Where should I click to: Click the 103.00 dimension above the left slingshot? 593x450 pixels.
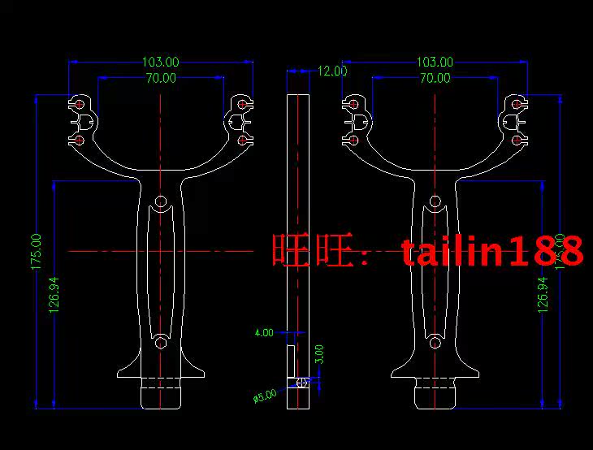click(161, 62)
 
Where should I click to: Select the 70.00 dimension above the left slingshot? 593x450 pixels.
click(161, 78)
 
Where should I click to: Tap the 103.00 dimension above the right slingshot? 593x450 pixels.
click(435, 62)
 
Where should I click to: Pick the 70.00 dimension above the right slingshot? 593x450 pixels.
click(435, 78)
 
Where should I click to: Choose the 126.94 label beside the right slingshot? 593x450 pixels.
click(543, 294)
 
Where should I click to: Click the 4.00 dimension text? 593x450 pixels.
click(264, 333)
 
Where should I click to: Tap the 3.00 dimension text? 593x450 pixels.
click(319, 354)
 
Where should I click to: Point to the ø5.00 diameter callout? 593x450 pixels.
click(265, 395)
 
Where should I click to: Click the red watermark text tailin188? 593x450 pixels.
click(493, 252)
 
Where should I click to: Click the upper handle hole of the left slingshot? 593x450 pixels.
click(161, 200)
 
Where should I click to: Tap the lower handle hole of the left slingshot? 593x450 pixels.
click(161, 342)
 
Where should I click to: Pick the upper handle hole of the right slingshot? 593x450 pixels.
click(435, 200)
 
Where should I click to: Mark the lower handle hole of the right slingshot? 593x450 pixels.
click(435, 342)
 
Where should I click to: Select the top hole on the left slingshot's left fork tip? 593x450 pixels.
click(78, 104)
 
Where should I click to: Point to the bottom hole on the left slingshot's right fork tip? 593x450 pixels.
click(243, 141)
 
